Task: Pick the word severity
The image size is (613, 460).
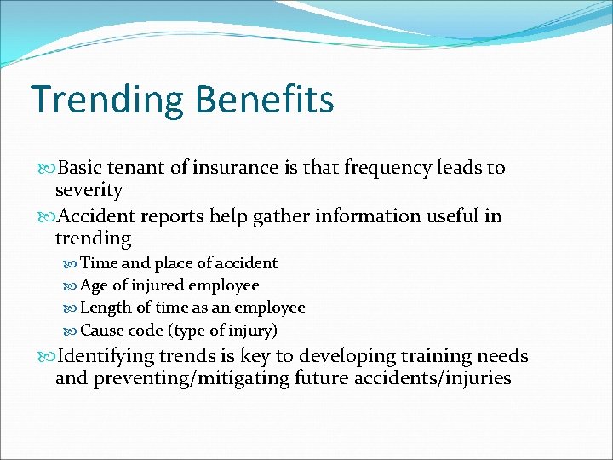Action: pos(89,190)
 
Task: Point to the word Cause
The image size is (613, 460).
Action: pos(101,330)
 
